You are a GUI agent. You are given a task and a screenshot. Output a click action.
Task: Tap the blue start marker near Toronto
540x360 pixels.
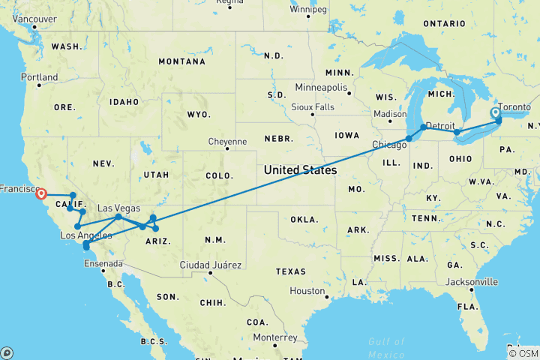[495, 113]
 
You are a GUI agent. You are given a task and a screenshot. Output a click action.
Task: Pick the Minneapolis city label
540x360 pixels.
[321, 88]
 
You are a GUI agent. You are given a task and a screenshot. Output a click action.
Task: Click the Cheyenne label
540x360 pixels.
[228, 141]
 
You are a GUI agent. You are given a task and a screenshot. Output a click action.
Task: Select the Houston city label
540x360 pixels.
[307, 290]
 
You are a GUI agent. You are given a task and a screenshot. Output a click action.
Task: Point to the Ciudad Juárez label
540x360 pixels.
[211, 265]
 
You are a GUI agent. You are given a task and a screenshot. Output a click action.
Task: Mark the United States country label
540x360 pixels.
[300, 170]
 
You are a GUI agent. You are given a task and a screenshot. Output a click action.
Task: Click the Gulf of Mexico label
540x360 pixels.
[386, 347]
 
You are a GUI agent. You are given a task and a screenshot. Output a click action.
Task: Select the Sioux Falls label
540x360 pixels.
[313, 106]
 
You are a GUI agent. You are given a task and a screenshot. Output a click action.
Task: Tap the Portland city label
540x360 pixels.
[40, 77]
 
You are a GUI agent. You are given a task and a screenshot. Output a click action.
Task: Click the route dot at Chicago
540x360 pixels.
[409, 138]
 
